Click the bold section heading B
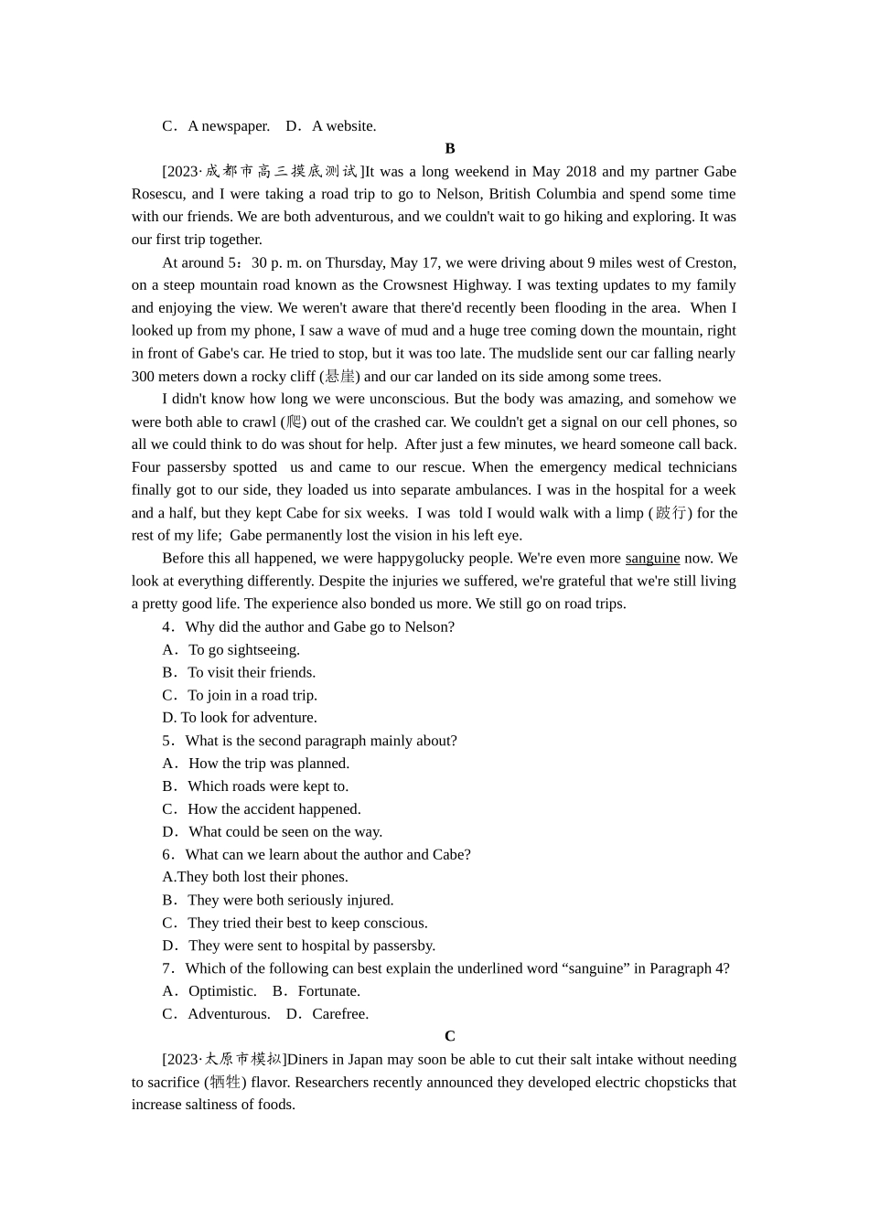click(x=449, y=148)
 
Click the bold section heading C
click(x=449, y=1036)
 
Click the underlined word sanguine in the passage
click(x=652, y=558)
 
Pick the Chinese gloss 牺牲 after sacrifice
click(x=225, y=1082)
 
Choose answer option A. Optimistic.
click(x=209, y=991)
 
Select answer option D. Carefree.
click(x=327, y=1014)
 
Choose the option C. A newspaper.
click(x=216, y=126)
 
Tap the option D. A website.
click(x=331, y=126)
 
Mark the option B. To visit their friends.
click(x=239, y=672)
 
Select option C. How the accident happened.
click(x=262, y=809)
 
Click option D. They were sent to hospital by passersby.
click(x=299, y=946)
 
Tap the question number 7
click(x=167, y=968)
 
